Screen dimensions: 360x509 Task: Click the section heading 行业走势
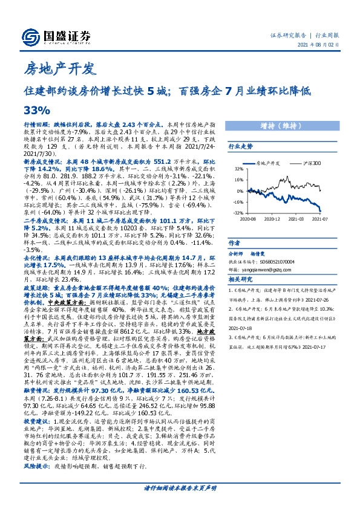pyautogui.click(x=240, y=146)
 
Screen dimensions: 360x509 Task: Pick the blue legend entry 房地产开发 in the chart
pyautogui.click(x=267, y=163)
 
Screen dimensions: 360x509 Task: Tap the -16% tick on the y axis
pyautogui.click(x=239, y=202)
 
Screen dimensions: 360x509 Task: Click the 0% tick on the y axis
pyautogui.click(x=241, y=191)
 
